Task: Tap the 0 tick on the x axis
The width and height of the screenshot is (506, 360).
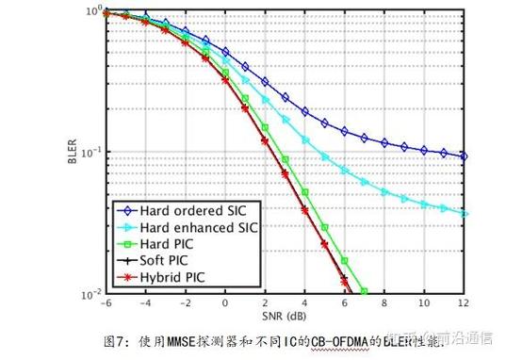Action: pyautogui.click(x=224, y=303)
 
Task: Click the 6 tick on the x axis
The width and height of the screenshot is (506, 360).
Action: pyautogui.click(x=344, y=303)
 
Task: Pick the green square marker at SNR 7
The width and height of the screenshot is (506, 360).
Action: pyautogui.click(x=364, y=291)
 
